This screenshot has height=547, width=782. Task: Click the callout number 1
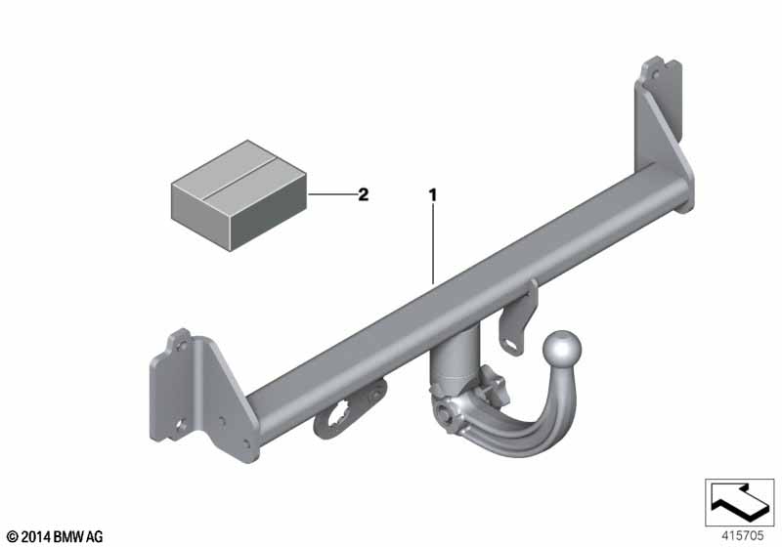(x=433, y=194)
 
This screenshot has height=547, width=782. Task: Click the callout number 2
(x=364, y=194)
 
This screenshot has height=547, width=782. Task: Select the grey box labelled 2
(x=239, y=195)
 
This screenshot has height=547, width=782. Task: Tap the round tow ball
(x=562, y=350)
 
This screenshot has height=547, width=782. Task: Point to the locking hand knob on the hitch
(x=494, y=384)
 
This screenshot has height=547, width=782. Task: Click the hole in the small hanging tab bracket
(x=512, y=345)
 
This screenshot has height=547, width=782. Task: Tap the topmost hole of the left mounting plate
(x=182, y=345)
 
